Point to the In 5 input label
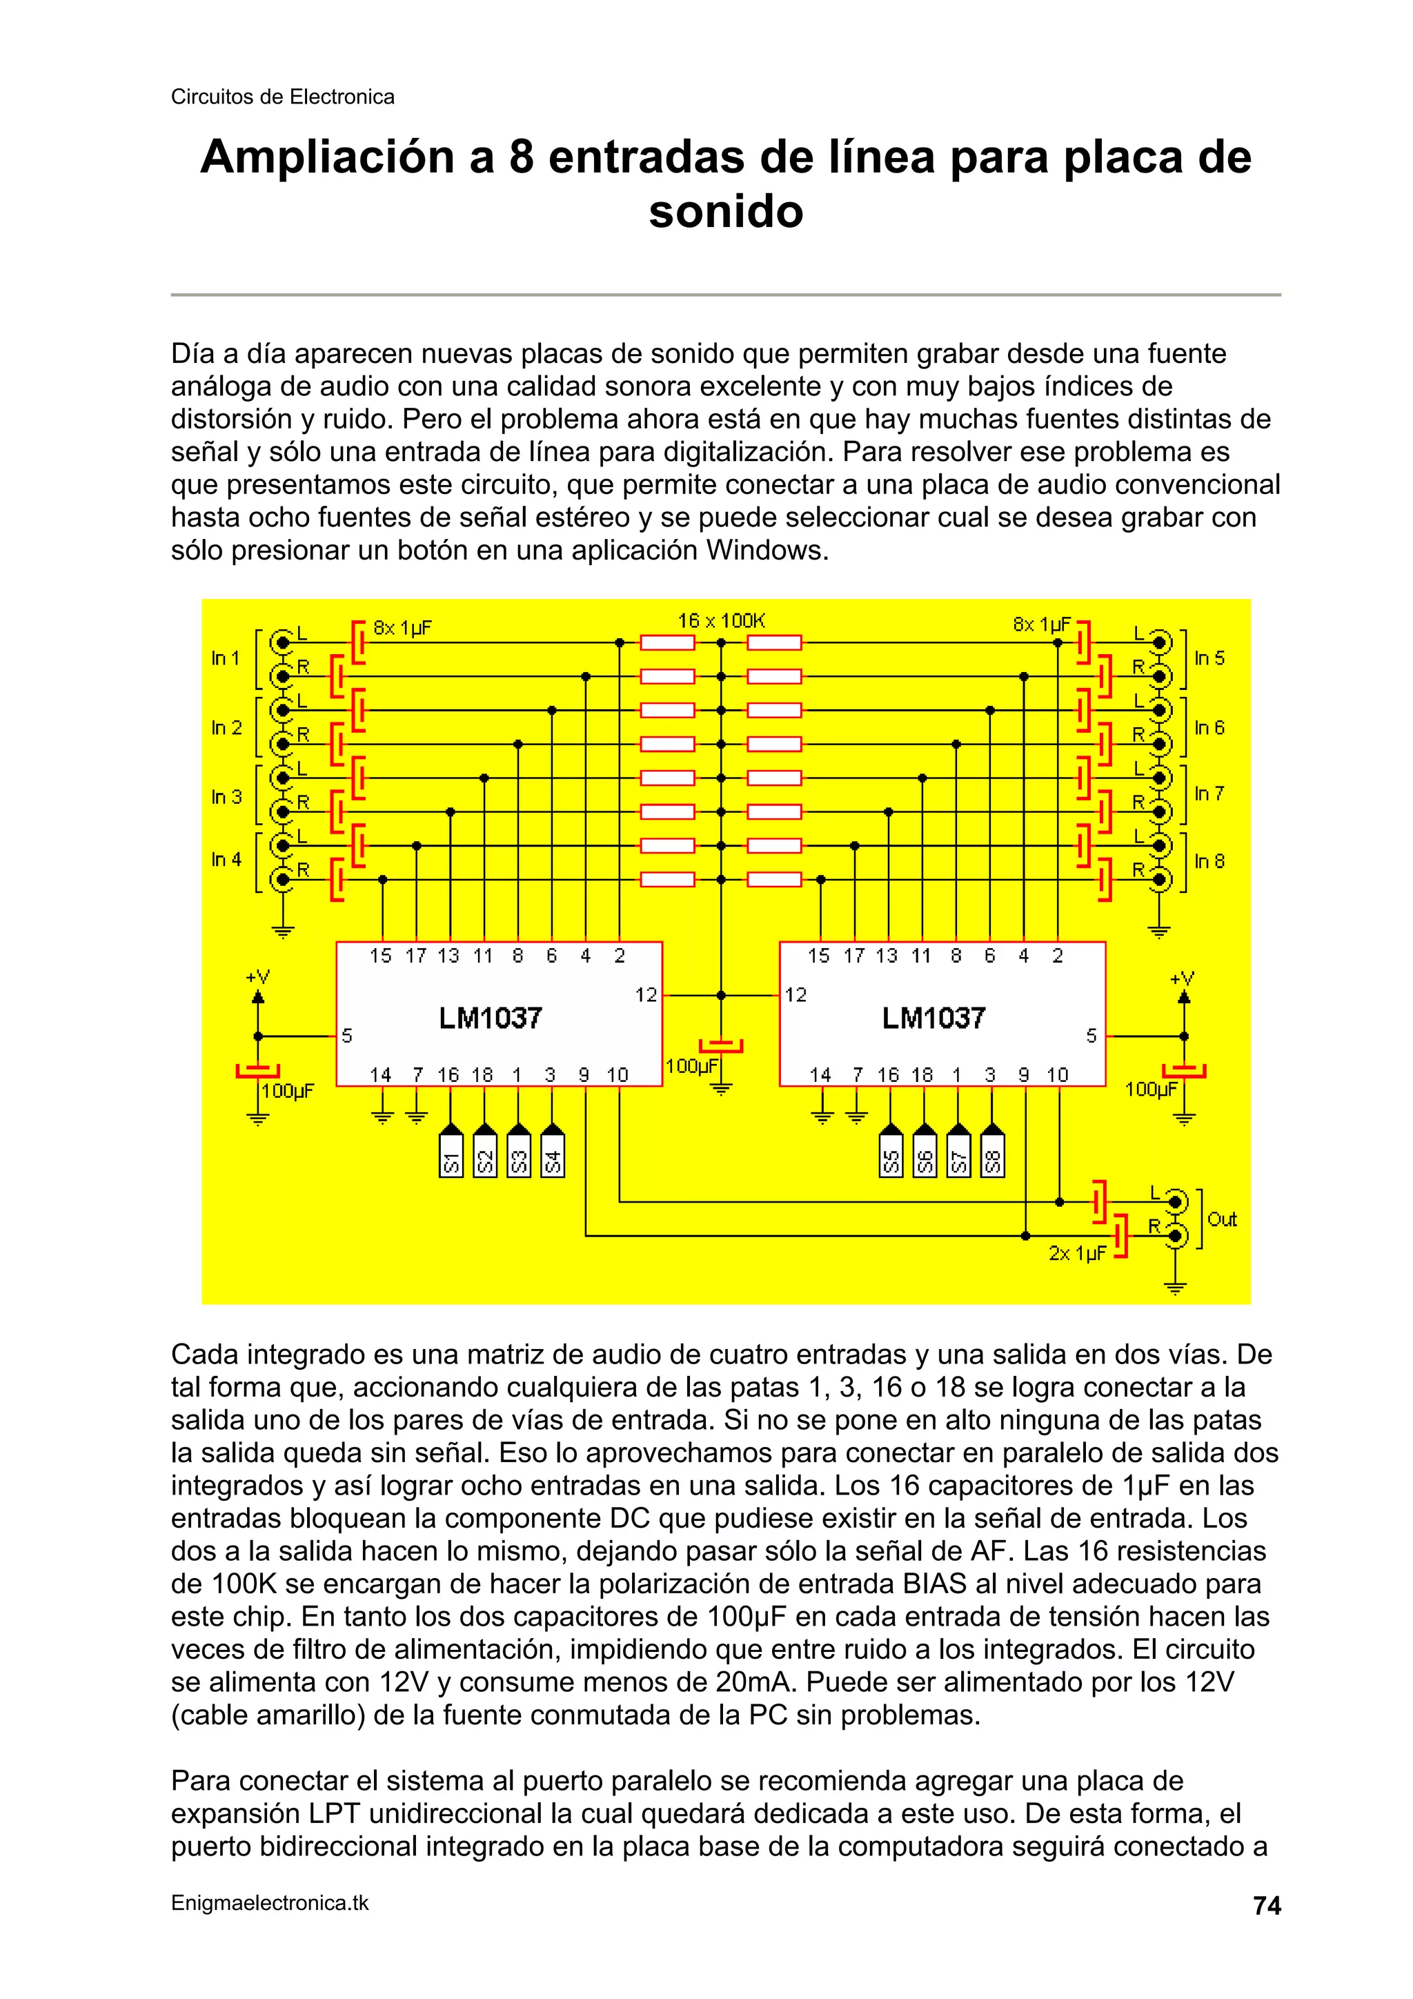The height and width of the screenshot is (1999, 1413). pos(1209,658)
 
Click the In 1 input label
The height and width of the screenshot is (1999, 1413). pos(225,658)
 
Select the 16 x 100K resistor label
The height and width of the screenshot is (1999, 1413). pos(721,621)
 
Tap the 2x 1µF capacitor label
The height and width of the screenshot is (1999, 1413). pos(1077,1254)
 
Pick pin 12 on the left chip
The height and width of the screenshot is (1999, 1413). pos(646,994)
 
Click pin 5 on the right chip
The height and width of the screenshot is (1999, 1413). pos(1091,1036)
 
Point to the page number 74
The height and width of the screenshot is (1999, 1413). pos(1267,1906)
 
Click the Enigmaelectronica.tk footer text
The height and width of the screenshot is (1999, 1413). pos(270,1903)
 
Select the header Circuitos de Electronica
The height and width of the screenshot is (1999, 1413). pos(282,97)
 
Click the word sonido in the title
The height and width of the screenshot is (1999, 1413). pos(725,212)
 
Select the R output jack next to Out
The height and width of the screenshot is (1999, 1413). pos(1176,1235)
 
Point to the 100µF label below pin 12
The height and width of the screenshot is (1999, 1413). pos(691,1065)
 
